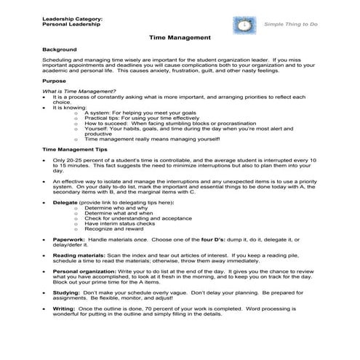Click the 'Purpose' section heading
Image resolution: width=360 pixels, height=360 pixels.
click(55, 81)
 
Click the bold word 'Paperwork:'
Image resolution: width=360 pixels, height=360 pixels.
click(69, 238)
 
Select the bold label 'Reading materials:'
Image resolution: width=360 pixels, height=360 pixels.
click(80, 256)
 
